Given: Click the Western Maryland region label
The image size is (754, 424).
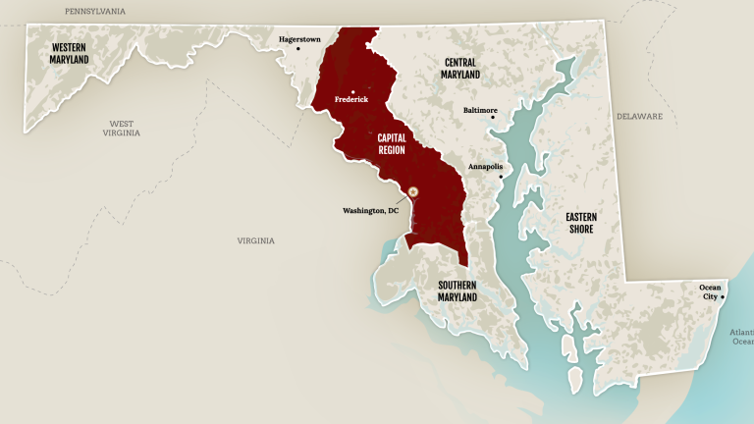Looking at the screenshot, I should (70, 53).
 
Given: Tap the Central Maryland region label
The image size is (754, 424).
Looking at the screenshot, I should (460, 69).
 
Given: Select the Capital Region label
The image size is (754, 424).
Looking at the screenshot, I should (392, 145).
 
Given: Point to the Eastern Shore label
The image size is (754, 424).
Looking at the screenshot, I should (579, 223).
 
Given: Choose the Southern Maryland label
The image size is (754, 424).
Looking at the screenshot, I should (458, 291).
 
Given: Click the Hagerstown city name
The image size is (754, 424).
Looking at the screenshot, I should (299, 39).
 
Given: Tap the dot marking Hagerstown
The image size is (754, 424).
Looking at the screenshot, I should (298, 49).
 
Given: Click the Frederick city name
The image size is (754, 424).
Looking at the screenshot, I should (351, 99).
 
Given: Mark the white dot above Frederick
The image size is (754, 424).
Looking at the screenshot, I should (351, 91).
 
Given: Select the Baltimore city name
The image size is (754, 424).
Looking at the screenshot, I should (480, 110).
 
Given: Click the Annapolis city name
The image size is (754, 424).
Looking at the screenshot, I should (485, 167).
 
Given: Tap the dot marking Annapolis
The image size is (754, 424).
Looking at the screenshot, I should (501, 177).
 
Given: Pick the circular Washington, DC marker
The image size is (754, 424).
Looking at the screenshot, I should (413, 191).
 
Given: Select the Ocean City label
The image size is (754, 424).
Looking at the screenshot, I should (710, 291).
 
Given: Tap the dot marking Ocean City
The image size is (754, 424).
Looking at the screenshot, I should (724, 296).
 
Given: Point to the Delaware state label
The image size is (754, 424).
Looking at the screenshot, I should (639, 117).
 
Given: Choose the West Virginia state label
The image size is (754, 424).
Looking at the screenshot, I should (122, 128).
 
